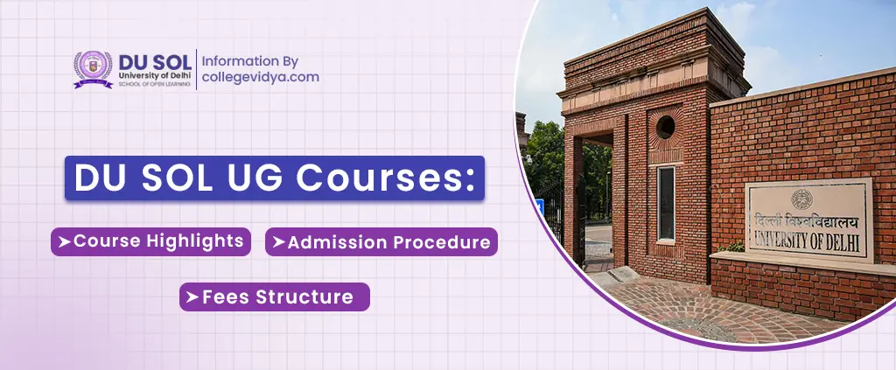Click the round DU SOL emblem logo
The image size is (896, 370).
pyautogui.click(x=93, y=69)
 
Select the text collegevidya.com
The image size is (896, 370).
pyautogui.click(x=261, y=77)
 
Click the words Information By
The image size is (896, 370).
pyautogui.click(x=250, y=60)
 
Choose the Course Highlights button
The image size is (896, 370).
pyautogui.click(x=150, y=241)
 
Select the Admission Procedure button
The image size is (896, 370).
pyautogui.click(x=381, y=241)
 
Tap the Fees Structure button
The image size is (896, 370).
pyautogui.click(x=274, y=297)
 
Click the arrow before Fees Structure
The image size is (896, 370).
pyautogui.click(x=193, y=297)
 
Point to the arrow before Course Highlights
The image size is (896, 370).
pyautogui.click(x=65, y=241)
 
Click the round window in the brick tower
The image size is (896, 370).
pyautogui.click(x=665, y=127)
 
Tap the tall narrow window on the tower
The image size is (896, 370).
pyautogui.click(x=666, y=203)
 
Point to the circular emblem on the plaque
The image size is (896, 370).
pyautogui.click(x=801, y=199)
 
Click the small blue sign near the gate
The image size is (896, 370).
pyautogui.click(x=539, y=206)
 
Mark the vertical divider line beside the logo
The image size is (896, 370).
pyautogui.click(x=196, y=69)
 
